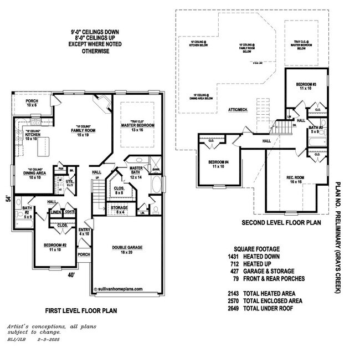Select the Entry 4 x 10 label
[84, 232]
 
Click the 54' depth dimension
[8, 200]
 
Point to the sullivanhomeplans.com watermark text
[120, 289]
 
